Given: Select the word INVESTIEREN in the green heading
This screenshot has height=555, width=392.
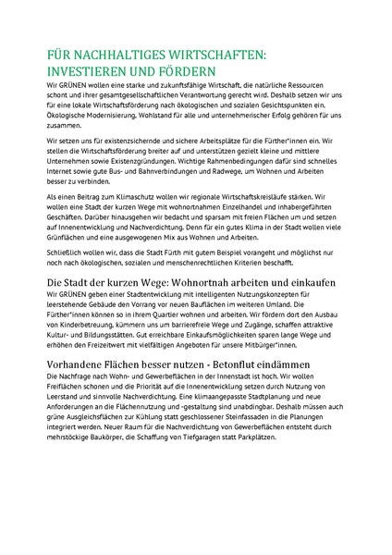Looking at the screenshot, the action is coord(89,70).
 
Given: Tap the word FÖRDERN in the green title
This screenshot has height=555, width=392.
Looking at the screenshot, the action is coord(188,70).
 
